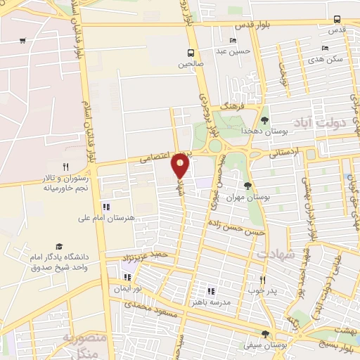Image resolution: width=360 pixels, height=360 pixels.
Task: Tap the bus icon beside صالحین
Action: [x=191, y=53]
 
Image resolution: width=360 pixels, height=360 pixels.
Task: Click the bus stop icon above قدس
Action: [x=337, y=19]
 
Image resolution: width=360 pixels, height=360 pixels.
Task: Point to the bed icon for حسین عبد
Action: [x=233, y=41]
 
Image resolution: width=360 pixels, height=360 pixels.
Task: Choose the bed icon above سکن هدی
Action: [x=324, y=49]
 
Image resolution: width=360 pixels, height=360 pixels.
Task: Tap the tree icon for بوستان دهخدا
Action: [x=264, y=120]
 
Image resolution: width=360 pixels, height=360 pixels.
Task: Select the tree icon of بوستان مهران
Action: [x=247, y=186]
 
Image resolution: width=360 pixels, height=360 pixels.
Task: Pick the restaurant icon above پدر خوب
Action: [x=262, y=278]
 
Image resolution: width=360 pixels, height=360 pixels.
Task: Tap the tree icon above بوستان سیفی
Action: [x=264, y=334]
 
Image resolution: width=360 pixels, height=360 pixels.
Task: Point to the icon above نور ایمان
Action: [x=127, y=277]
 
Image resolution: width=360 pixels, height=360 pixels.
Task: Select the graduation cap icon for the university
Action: [x=58, y=247]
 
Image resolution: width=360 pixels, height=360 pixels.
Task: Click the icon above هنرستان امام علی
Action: [x=106, y=207]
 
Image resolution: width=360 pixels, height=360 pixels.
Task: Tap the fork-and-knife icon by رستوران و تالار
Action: [x=65, y=167]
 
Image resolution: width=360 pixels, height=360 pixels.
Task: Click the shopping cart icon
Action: [x=23, y=40]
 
